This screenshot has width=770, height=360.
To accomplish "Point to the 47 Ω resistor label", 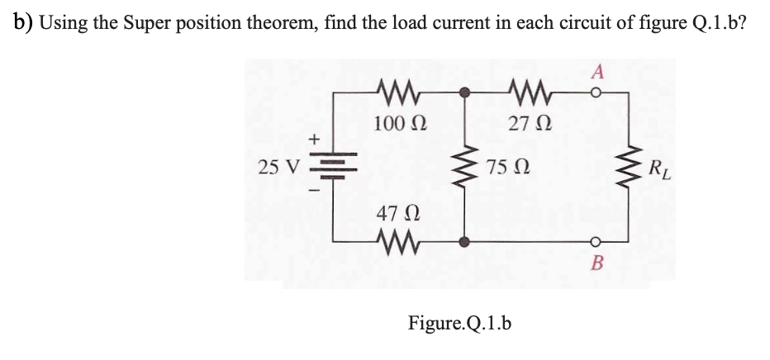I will [x=394, y=213].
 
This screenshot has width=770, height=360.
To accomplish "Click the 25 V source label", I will [x=278, y=168].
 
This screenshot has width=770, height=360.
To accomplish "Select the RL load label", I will [x=660, y=172].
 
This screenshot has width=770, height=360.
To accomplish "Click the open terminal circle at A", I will [x=594, y=93].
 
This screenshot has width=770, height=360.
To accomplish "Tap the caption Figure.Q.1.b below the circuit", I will [x=460, y=322].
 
